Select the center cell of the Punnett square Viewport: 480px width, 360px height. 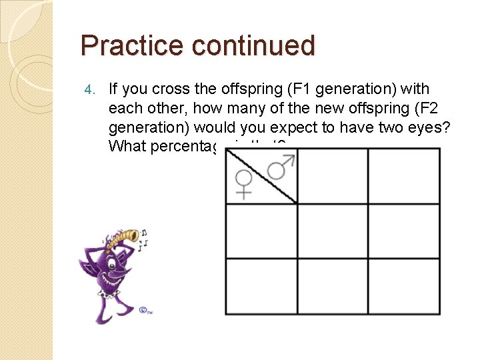[333, 231]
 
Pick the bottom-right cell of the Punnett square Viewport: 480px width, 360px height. [404, 286]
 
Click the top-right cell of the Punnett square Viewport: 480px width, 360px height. [404, 176]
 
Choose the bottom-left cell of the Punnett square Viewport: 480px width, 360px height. [261, 286]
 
